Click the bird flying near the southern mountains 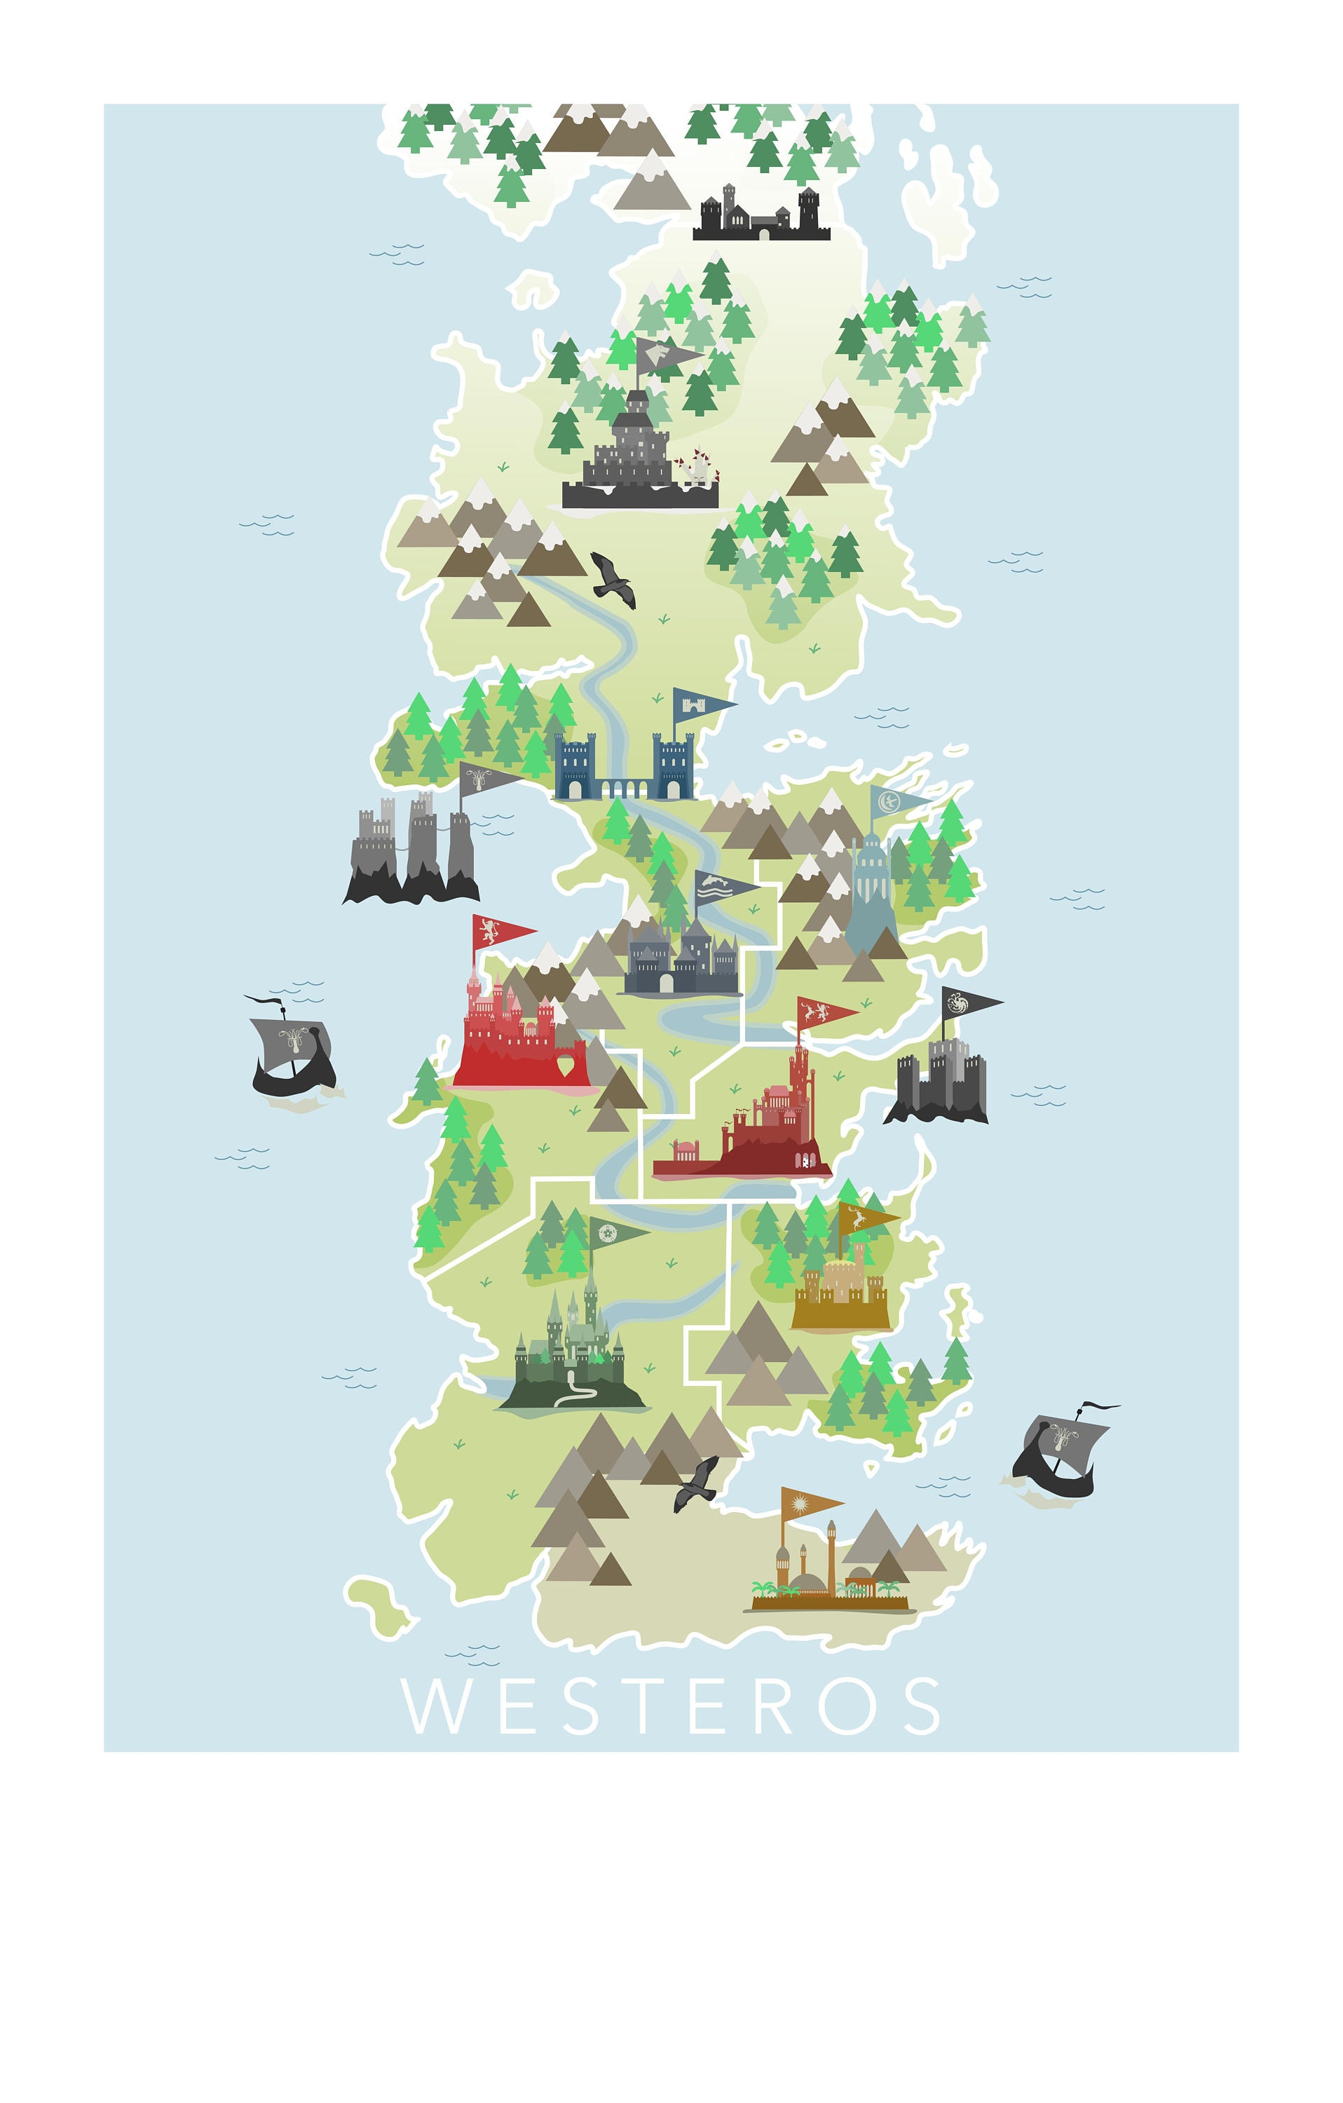pos(697,1482)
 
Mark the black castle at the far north pos(761,215)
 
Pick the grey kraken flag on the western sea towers pos(487,777)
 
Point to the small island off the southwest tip pos(378,1605)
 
